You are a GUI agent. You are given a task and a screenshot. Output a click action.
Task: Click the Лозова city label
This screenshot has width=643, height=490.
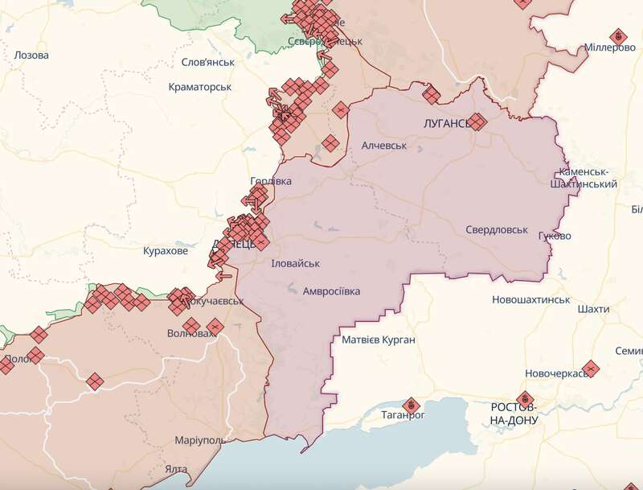(31, 56)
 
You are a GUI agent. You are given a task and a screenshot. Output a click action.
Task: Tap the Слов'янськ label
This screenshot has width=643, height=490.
(207, 62)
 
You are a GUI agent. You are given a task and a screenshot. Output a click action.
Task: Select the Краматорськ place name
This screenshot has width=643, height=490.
(201, 87)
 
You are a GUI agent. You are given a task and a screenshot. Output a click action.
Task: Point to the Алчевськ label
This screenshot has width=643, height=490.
(384, 146)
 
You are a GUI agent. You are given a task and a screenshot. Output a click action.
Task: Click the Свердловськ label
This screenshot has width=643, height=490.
(497, 229)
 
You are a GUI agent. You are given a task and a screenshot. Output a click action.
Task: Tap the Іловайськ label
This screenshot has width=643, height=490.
(295, 263)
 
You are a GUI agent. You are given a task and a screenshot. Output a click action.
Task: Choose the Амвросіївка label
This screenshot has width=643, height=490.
(331, 290)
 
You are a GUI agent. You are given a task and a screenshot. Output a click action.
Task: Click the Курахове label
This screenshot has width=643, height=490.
(165, 251)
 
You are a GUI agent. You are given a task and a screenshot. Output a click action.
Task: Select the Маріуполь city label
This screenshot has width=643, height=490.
(199, 441)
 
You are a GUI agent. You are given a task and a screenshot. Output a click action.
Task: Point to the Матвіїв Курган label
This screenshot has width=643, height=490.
(379, 340)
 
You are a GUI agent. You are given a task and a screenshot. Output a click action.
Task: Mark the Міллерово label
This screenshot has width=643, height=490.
(610, 47)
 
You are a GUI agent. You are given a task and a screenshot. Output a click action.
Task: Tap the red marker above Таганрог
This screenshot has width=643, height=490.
(411, 402)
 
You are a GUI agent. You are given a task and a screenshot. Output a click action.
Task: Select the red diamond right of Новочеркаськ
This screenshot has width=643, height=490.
(589, 368)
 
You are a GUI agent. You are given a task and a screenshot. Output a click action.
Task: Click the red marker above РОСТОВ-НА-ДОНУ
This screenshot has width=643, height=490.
(526, 397)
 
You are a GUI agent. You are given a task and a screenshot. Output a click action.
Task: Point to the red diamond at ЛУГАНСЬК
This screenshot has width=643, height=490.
(477, 121)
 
